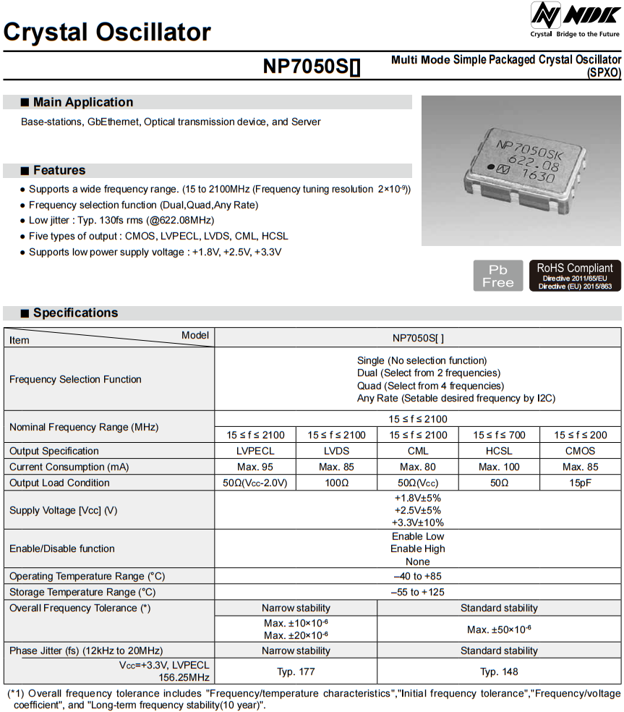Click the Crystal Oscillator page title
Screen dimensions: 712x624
coord(107,32)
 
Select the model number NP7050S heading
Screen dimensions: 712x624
coord(312,67)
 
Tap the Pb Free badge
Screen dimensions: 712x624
coord(497,276)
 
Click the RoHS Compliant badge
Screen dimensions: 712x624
coord(575,276)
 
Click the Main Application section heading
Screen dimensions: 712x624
coord(82,102)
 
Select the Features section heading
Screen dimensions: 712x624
coord(59,170)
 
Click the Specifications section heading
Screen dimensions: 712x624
coord(74,313)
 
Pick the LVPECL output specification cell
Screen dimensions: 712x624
coord(256,451)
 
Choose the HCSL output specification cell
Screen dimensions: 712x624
coord(499,451)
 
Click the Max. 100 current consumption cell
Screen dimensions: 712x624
coord(499,467)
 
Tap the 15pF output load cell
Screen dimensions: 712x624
coord(580,483)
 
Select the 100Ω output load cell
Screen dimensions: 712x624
coord(337,483)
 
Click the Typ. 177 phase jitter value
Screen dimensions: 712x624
coord(296,671)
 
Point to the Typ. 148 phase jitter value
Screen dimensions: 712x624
coord(499,671)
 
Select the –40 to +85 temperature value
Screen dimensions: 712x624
coord(418,576)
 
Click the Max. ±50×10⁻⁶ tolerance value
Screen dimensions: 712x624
coord(499,630)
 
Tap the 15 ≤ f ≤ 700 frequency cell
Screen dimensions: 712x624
coord(499,435)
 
